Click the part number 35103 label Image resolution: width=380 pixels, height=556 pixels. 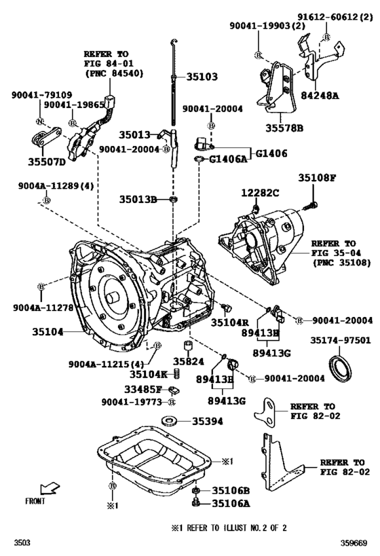pos(197,77)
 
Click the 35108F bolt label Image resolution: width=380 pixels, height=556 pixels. pos(317,178)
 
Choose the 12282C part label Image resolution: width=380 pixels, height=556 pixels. pos(261,193)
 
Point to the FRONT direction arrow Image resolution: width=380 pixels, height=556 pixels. pos(50,489)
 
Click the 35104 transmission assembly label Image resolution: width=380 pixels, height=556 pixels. pos(47,332)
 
